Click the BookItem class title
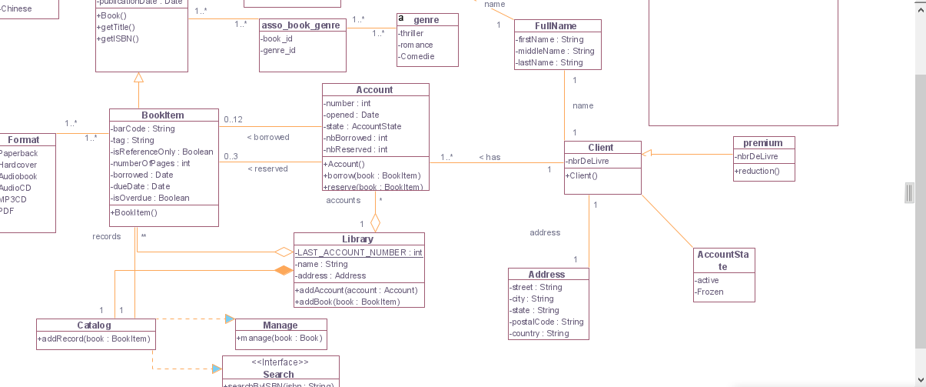[163, 115]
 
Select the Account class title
[374, 90]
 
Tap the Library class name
[358, 239]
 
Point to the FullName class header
[556, 26]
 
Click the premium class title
[762, 143]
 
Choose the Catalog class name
[94, 325]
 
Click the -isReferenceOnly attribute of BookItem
[162, 152]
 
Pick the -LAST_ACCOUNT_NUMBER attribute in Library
[359, 252]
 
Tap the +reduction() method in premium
[757, 171]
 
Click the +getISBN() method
[118, 38]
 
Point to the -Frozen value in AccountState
[709, 292]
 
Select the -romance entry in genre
[416, 45]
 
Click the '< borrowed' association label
[268, 138]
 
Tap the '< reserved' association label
[267, 169]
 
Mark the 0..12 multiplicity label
[233, 119]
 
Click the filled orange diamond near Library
[284, 270]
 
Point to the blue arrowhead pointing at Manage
[229, 319]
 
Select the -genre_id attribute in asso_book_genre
[278, 51]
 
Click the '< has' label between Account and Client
[490, 158]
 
